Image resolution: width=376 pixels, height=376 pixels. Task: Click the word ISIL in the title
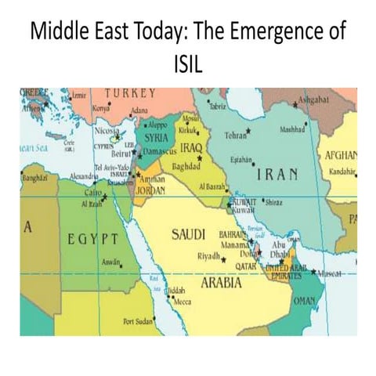tap(187, 62)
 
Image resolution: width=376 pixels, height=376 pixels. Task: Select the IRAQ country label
tap(191, 147)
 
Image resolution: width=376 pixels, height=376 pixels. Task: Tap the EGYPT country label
tap(90, 237)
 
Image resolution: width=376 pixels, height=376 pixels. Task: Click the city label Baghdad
tap(187, 166)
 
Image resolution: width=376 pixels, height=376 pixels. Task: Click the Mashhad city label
tap(291, 128)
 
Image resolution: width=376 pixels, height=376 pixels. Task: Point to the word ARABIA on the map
tap(220, 283)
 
